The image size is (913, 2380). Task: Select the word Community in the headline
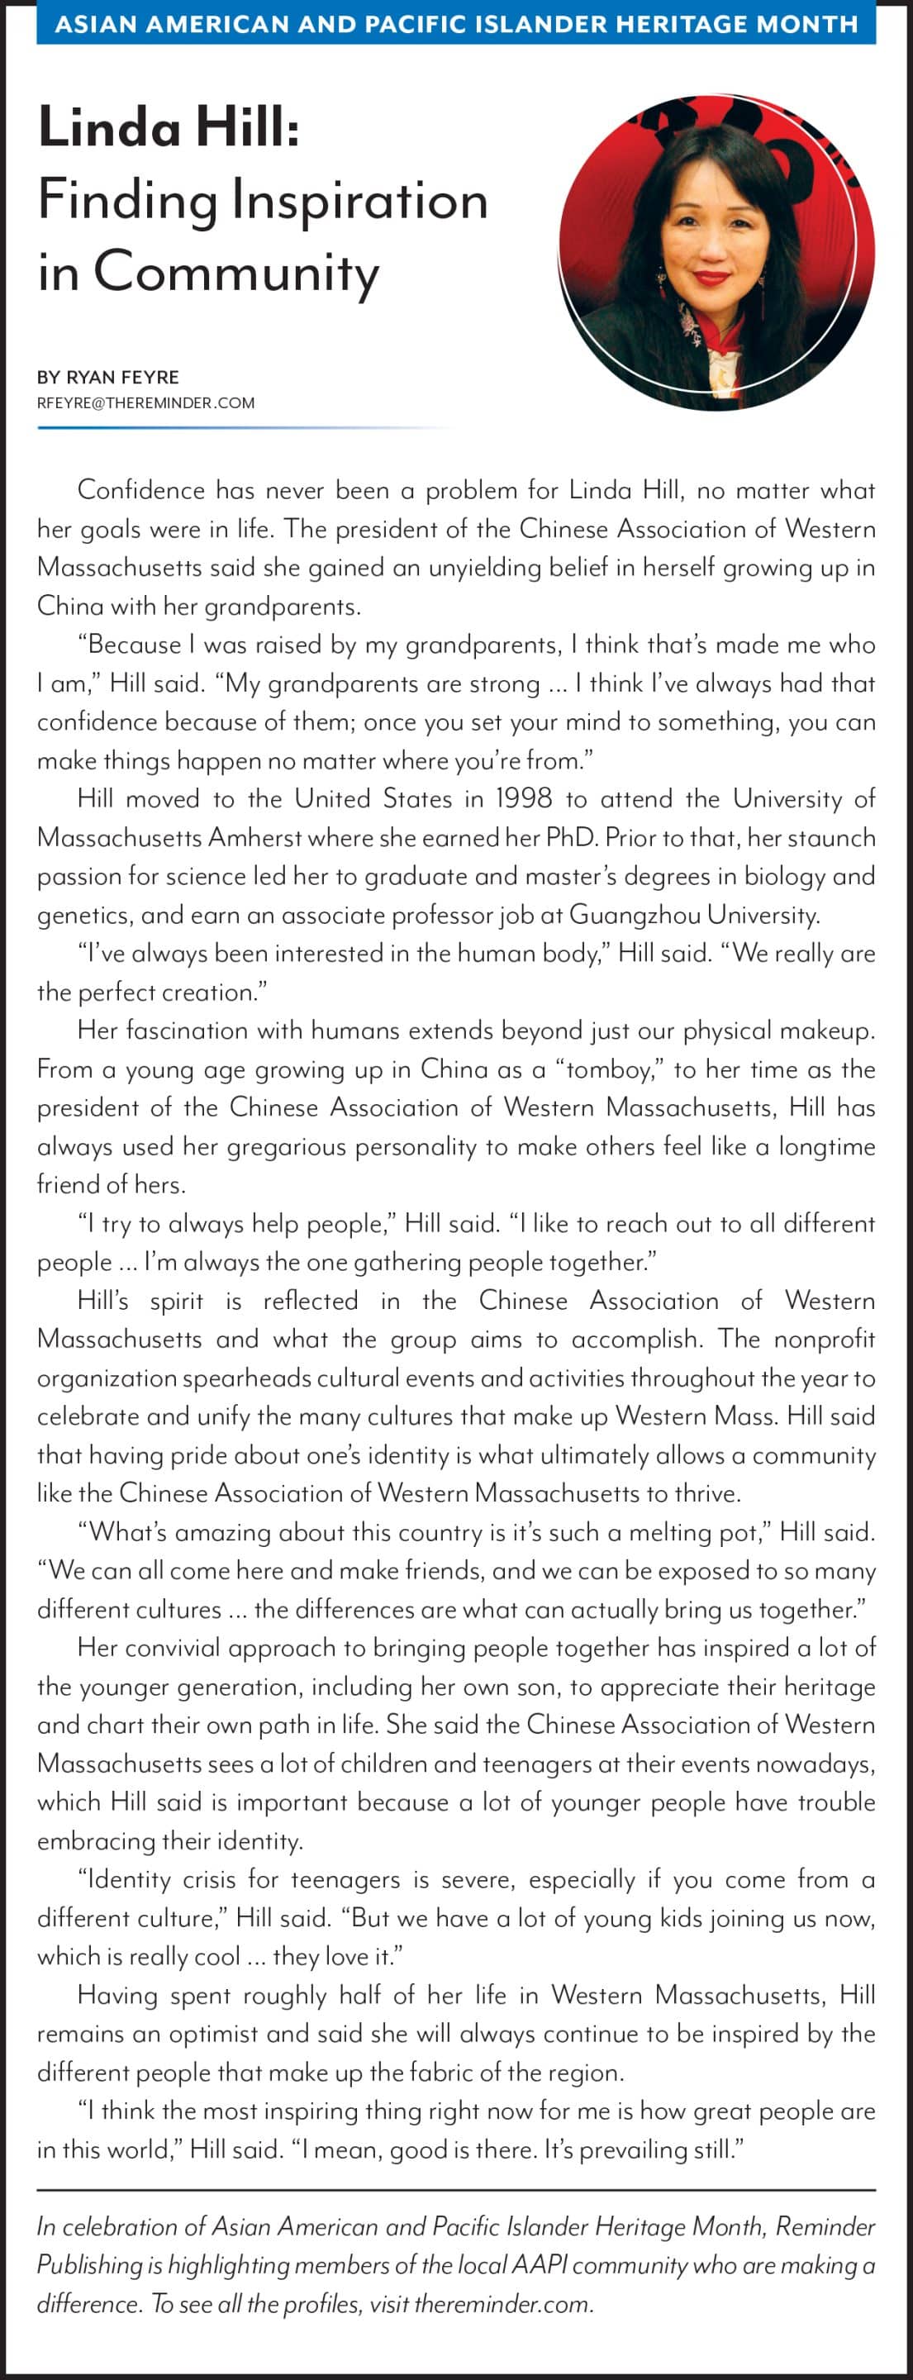click(235, 273)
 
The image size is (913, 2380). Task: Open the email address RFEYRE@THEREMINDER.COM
click(146, 402)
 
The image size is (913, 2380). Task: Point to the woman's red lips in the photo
click(712, 276)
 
